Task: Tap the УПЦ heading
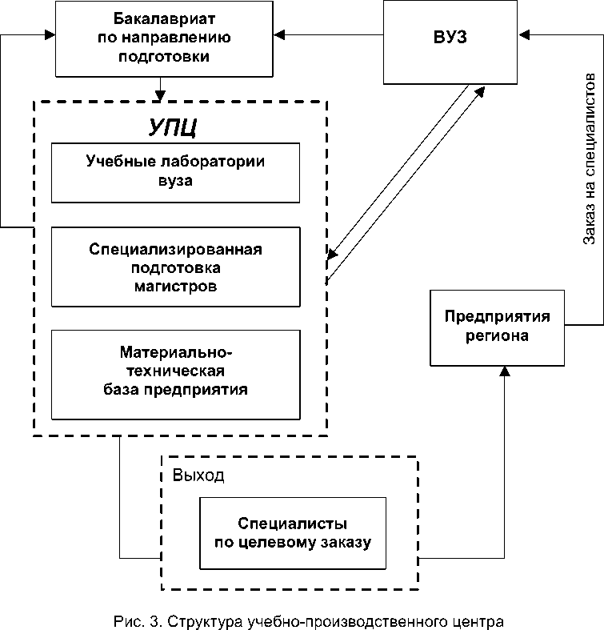172,128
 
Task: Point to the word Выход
198,476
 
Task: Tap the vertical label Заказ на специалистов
589,159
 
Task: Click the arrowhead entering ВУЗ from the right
524,35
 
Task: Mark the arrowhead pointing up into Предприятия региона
505,371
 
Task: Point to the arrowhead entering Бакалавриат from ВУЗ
279,35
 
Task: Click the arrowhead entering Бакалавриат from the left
50,35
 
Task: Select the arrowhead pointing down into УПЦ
160,95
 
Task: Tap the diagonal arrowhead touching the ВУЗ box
480,92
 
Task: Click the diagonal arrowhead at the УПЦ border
332,255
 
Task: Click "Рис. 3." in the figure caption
138,621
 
